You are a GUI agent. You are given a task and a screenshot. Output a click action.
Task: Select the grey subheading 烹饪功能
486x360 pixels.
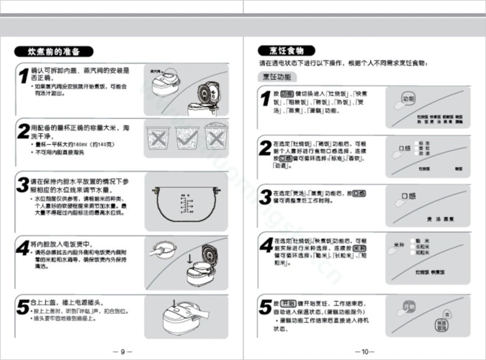[x=276, y=76]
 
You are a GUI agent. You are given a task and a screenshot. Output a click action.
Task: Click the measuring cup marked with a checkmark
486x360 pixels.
[x=160, y=135]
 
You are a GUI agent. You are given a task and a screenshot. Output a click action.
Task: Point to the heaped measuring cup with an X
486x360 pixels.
[x=187, y=135]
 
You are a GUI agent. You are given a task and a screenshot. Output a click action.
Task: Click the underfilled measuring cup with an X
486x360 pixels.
[x=215, y=135]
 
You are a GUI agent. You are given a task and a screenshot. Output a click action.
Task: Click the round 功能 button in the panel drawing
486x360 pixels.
[x=408, y=99]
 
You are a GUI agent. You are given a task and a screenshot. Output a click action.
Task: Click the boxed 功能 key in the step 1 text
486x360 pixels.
[x=286, y=94]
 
